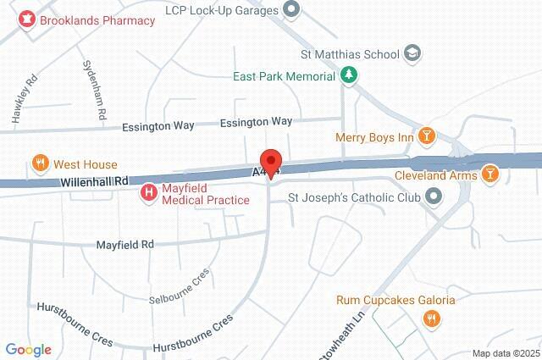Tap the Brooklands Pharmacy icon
tap(26, 17)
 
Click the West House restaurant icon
tap(39, 163)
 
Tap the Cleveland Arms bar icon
tap(489, 175)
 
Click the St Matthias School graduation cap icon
tap(412, 54)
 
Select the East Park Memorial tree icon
tap(348, 75)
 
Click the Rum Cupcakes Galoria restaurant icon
tap(431, 318)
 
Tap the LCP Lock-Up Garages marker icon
tap(292, 9)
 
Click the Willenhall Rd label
tap(93, 180)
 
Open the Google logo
tap(28, 349)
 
